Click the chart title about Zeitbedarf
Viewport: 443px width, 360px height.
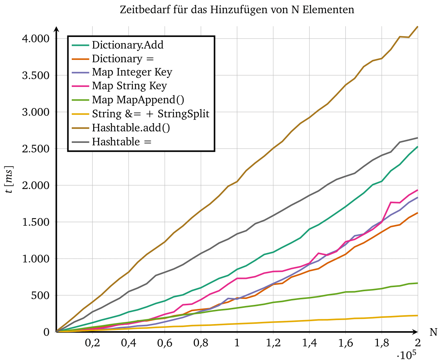point(237,10)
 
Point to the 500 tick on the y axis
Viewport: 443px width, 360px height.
point(42,296)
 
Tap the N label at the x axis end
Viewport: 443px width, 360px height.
point(433,333)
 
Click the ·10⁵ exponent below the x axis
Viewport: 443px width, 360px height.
point(407,354)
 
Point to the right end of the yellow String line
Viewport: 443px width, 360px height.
point(417,316)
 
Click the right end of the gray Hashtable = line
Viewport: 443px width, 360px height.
point(417,138)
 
